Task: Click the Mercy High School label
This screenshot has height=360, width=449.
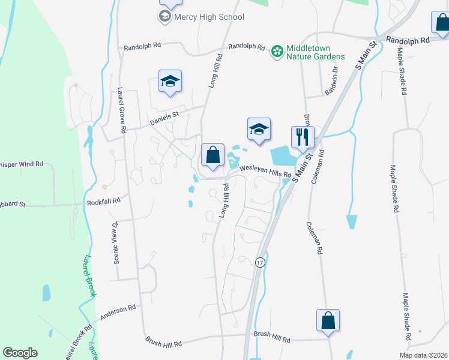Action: click(209, 17)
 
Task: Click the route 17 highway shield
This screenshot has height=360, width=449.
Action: click(259, 263)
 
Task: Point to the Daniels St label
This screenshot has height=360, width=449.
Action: click(164, 115)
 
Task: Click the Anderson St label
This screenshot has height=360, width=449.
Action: click(119, 312)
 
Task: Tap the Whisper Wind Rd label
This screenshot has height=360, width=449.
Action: click(22, 163)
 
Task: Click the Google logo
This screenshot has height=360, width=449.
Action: click(20, 353)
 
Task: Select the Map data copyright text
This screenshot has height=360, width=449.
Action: click(423, 355)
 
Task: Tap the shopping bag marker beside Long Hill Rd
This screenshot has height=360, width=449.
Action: click(212, 155)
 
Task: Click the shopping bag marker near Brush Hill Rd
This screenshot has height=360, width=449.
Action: click(328, 320)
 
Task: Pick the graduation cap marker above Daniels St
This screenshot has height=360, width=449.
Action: click(170, 82)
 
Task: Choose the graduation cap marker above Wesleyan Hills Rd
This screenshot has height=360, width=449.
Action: click(259, 130)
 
